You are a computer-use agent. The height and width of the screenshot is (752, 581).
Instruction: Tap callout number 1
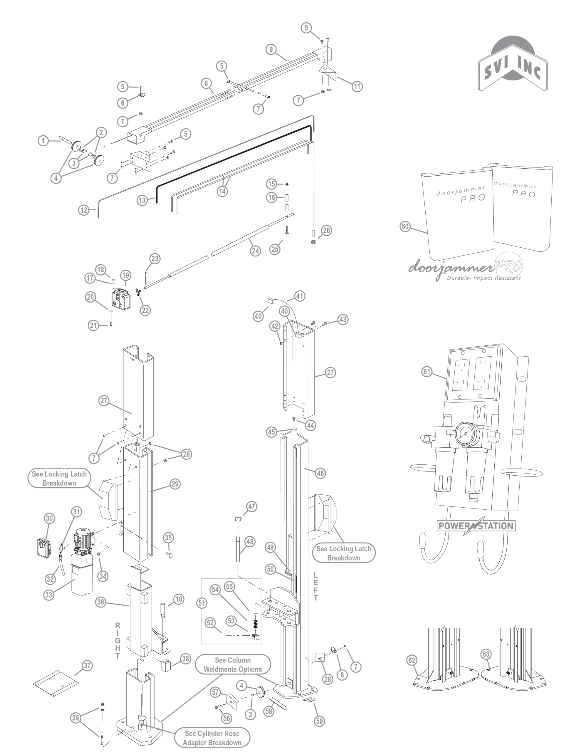43,140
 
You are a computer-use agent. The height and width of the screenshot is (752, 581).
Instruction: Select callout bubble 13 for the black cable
142,200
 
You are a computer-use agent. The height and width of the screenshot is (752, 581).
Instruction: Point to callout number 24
255,251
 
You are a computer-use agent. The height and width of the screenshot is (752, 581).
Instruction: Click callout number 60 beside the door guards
405,226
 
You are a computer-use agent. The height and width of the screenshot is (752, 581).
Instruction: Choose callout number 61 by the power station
427,372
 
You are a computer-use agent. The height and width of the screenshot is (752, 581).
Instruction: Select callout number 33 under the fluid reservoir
48,595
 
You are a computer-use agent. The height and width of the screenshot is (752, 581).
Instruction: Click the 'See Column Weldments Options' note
233,664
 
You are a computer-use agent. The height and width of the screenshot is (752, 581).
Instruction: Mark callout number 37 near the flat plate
87,666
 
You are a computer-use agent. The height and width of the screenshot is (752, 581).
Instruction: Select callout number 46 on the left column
320,473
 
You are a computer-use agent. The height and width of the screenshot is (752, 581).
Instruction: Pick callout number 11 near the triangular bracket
357,86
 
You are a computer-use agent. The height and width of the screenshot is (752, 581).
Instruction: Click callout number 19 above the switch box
126,275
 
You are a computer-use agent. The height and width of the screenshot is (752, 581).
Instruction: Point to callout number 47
252,506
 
